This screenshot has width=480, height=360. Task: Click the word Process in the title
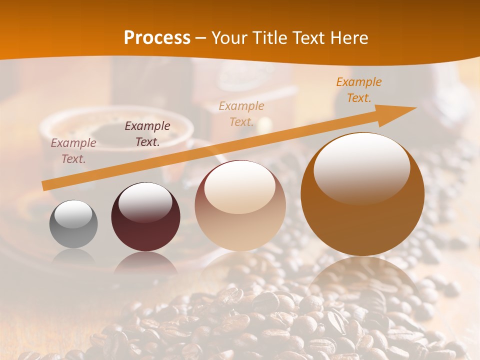[x=157, y=38]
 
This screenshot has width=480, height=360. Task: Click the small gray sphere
[x=73, y=224]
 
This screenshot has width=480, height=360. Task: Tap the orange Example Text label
[x=359, y=90]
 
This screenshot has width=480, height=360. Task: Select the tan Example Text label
[x=241, y=114]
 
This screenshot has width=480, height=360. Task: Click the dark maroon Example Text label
[x=147, y=134]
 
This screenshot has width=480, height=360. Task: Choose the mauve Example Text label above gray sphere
[x=73, y=151]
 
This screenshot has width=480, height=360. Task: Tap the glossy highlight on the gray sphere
[x=73, y=214]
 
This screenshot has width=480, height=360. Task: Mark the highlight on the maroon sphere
[x=145, y=201]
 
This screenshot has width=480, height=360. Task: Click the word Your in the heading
[x=230, y=38]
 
